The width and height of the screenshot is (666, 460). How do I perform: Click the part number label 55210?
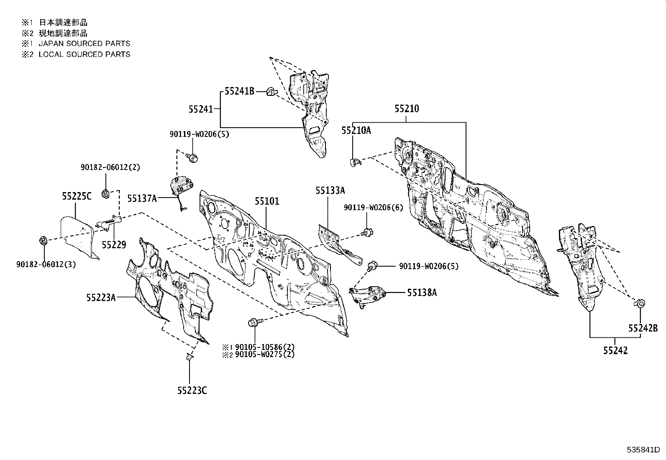click(x=407, y=109)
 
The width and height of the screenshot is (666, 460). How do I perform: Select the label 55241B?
click(x=239, y=91)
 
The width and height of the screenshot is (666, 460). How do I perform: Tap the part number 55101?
click(x=267, y=201)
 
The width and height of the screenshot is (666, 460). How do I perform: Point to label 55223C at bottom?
click(x=192, y=391)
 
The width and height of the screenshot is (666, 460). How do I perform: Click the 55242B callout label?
click(x=643, y=329)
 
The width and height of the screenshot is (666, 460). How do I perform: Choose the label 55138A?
click(x=422, y=293)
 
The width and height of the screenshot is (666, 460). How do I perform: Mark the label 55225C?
click(x=77, y=196)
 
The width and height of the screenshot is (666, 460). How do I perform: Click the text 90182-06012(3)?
click(x=46, y=265)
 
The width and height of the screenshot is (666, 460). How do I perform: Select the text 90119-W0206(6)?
click(x=374, y=208)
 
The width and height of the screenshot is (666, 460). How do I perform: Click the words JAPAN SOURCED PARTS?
click(x=84, y=44)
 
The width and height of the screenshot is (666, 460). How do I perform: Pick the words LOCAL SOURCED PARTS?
click(x=84, y=54)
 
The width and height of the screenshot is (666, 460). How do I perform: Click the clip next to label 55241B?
click(x=271, y=92)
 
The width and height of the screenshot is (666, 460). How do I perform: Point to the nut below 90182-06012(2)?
click(x=105, y=193)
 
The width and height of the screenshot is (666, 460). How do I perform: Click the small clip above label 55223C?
click(x=189, y=357)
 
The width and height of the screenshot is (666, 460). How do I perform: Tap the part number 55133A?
click(x=330, y=191)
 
